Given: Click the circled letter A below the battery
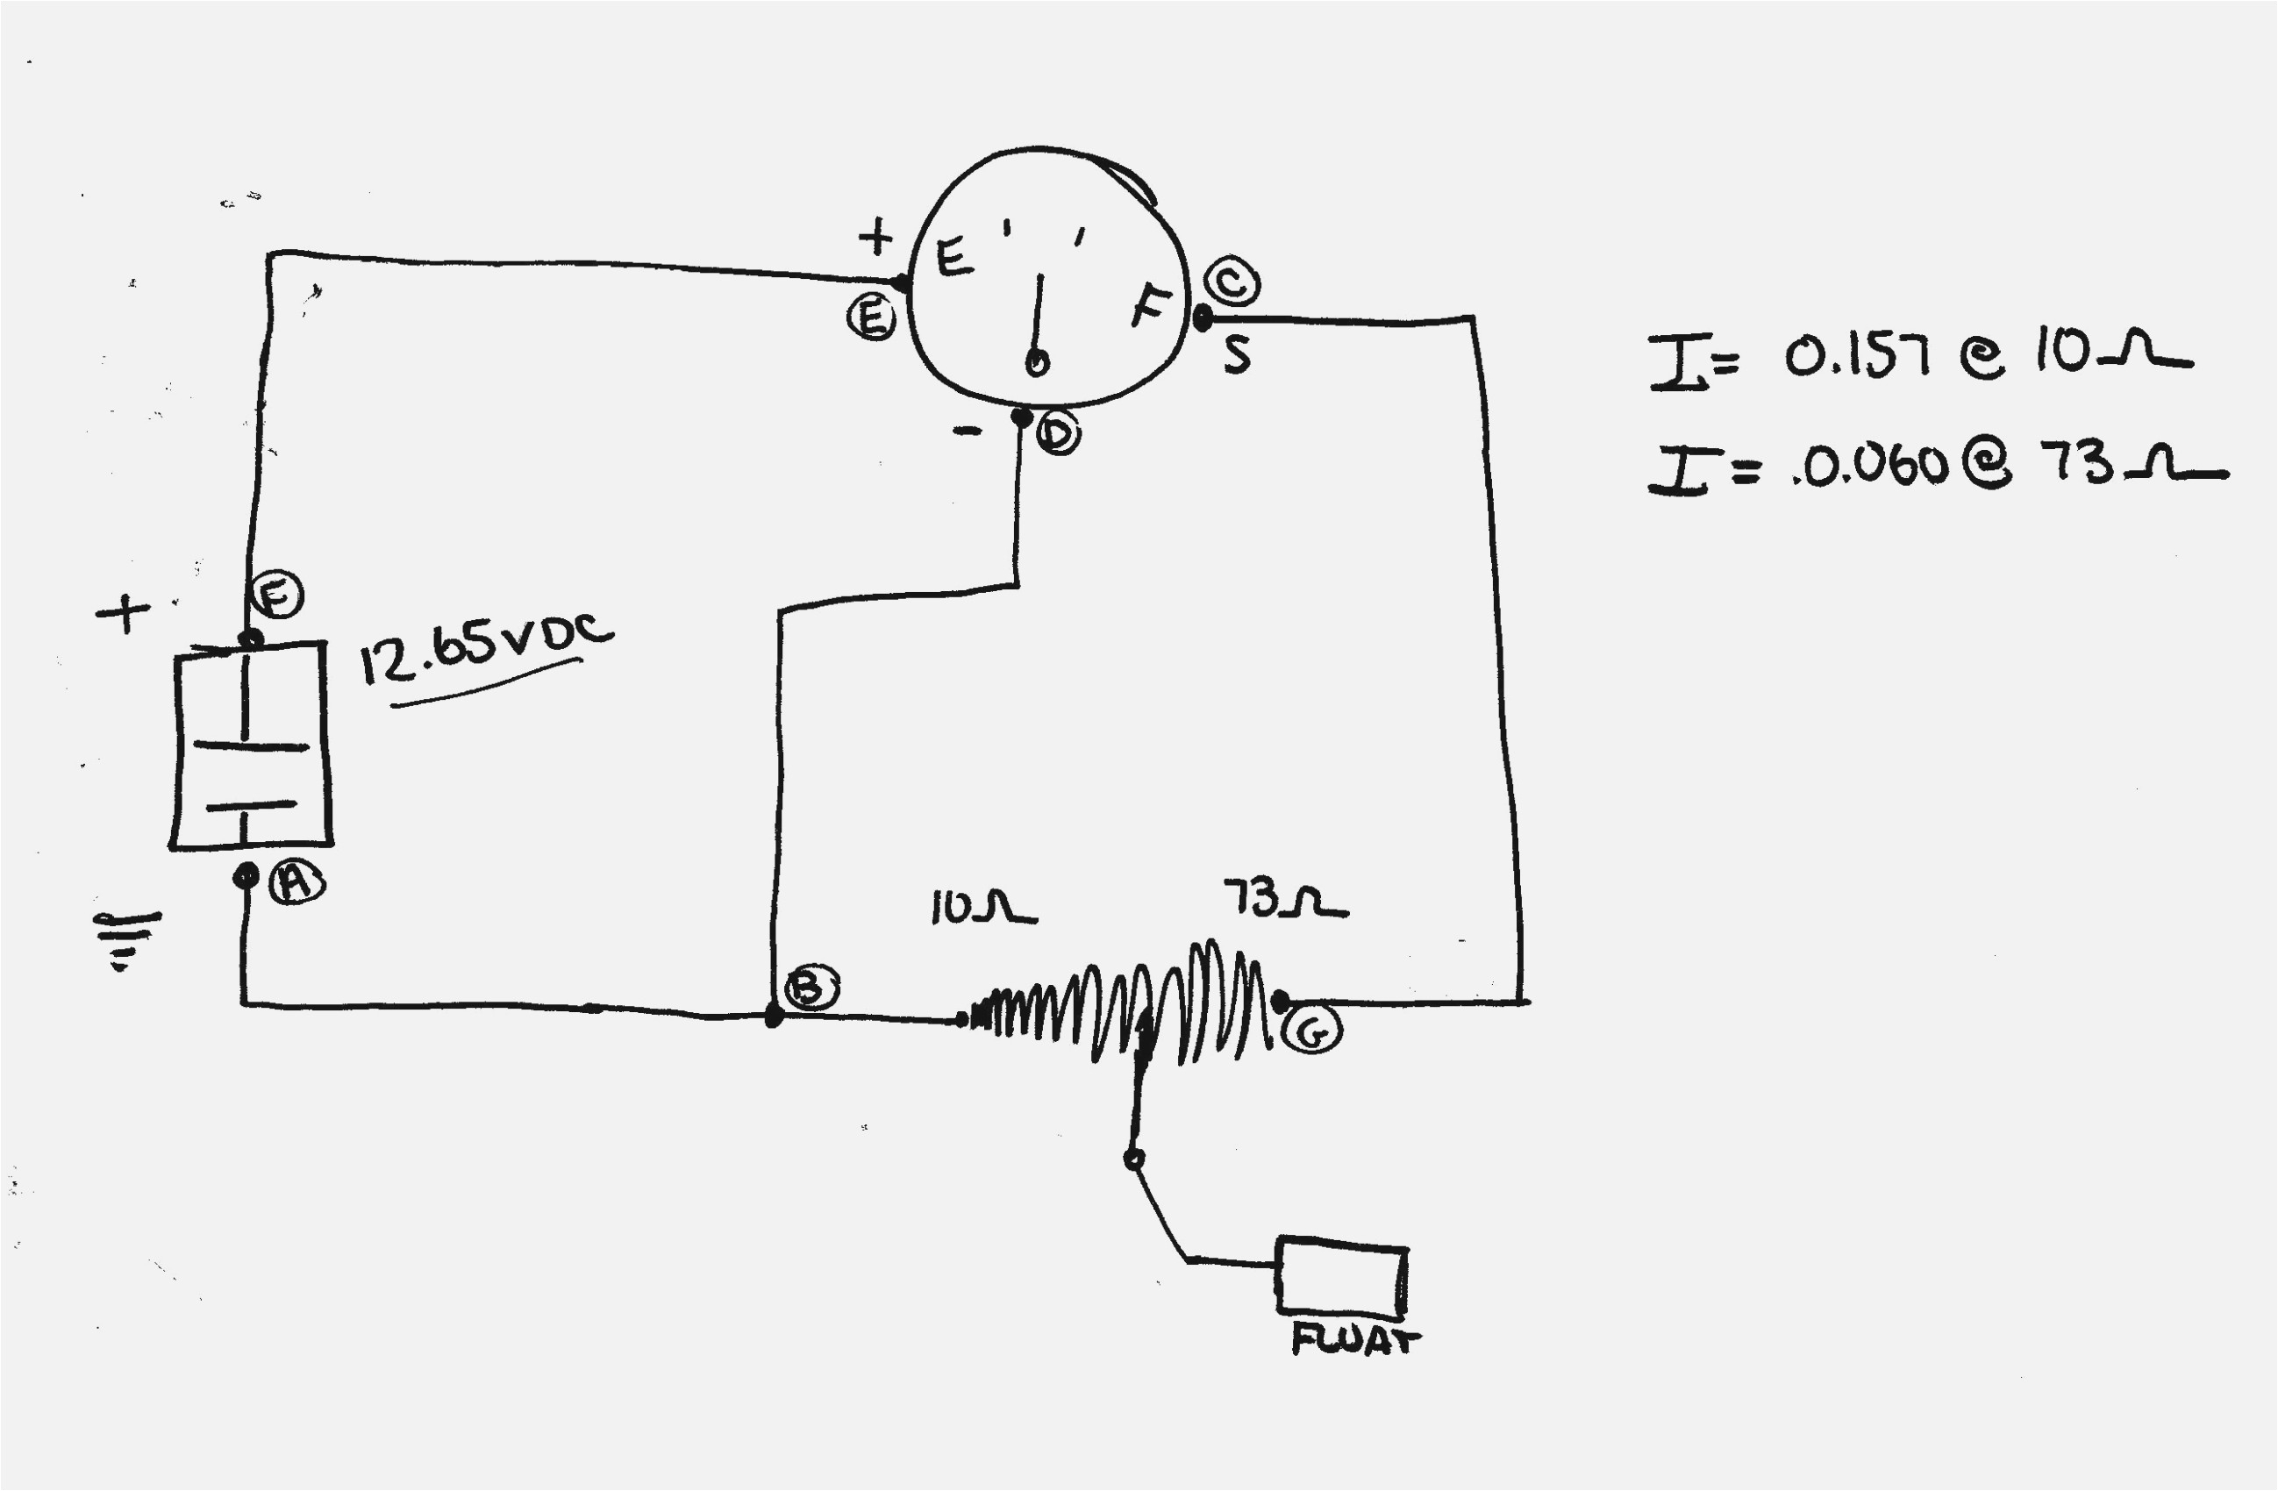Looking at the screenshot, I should pyautogui.click(x=296, y=881).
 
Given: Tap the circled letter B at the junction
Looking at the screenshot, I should pyautogui.click(x=811, y=988).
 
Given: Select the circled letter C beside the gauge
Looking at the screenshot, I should pyautogui.click(x=1232, y=282).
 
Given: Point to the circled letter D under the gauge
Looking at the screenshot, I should pyautogui.click(x=1059, y=433).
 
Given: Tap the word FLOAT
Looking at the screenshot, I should pyautogui.click(x=1355, y=1340).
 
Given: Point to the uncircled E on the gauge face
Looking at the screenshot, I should pyautogui.click(x=954, y=256).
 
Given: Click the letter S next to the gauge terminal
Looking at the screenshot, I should pyautogui.click(x=1237, y=355).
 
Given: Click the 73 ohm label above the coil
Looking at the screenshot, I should pyautogui.click(x=1284, y=900).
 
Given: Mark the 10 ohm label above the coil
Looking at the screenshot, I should pyautogui.click(x=982, y=908).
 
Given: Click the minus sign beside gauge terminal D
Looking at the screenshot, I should pyautogui.click(x=967, y=432).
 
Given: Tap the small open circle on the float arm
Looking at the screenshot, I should pyautogui.click(x=1133, y=1159).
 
